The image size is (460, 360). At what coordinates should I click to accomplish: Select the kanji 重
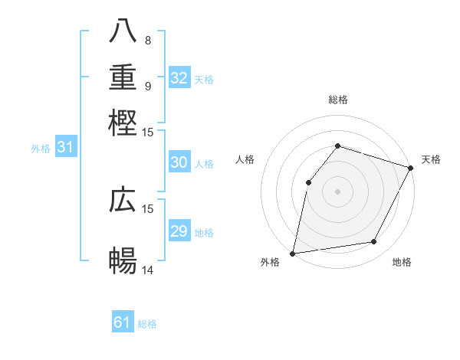(123, 78)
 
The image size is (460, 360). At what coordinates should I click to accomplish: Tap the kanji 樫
(123, 123)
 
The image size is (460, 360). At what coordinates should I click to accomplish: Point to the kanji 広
(123, 201)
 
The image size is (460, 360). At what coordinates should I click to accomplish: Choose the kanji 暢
(123, 260)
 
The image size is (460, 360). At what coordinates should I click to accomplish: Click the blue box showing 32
(179, 78)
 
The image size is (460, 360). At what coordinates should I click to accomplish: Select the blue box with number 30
(179, 162)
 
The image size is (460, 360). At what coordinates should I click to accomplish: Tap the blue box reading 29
(179, 231)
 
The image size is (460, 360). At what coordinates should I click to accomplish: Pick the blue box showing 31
(65, 147)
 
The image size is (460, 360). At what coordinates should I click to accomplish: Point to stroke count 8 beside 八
(148, 40)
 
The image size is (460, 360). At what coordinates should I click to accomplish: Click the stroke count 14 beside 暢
(148, 269)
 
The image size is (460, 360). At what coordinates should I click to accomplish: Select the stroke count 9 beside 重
(148, 86)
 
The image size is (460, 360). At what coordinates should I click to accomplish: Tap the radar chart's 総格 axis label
(337, 100)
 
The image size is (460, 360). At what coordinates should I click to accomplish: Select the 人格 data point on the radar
(308, 182)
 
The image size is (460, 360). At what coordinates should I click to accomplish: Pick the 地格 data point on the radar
(374, 242)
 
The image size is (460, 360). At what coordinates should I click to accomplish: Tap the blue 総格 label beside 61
(147, 324)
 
